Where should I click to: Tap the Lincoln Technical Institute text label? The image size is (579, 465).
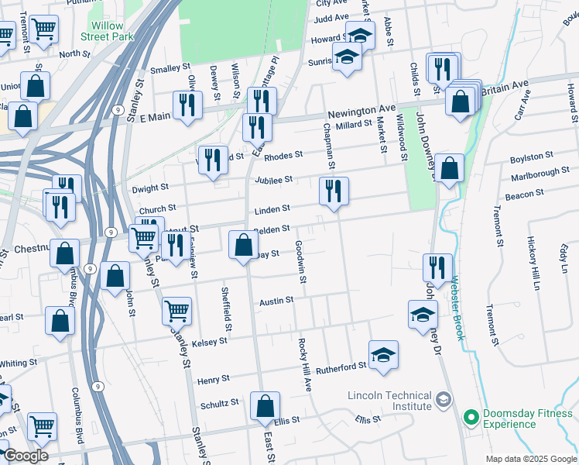click(389, 400)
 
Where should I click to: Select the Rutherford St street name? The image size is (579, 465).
click(341, 366)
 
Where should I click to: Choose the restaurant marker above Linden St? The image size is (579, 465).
click(334, 191)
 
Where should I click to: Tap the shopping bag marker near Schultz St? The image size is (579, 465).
click(265, 405)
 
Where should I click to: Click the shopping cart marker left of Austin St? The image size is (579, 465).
click(176, 311)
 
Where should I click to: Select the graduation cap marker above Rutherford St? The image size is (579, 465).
click(383, 354)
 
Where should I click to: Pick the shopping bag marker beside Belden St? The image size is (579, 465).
click(243, 245)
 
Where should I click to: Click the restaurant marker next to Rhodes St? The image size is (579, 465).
click(213, 159)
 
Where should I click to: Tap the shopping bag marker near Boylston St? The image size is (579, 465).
click(449, 168)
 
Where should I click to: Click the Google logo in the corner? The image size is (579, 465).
click(26, 456)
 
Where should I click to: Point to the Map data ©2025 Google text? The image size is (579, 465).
click(529, 459)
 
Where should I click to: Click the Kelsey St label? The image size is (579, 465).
click(210, 342)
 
